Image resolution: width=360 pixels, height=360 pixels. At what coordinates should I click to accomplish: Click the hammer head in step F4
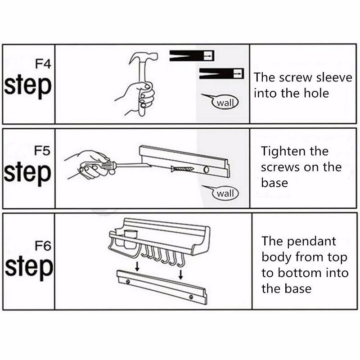pos(143,58)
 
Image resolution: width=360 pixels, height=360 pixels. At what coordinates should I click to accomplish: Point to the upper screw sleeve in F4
pos(192,56)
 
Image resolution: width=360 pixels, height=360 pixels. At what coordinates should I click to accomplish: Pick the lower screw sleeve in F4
pos(221,73)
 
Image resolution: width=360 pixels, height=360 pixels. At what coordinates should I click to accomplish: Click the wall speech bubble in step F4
pos(225,103)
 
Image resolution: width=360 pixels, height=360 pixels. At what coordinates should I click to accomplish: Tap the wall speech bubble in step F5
pos(225,193)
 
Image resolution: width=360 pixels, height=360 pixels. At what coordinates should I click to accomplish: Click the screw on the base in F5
pos(183,170)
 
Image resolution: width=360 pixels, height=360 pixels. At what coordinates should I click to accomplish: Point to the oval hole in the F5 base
pos(206,170)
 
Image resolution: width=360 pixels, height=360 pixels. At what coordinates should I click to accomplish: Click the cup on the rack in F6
pos(130,239)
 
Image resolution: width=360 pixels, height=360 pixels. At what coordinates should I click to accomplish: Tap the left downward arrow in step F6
pos(137,266)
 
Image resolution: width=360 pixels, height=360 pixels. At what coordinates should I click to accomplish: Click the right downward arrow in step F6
pos(181,274)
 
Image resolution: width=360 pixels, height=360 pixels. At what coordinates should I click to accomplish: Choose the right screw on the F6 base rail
pos(191,297)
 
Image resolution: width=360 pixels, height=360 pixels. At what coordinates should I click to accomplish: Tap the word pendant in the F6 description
pos(311,242)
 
